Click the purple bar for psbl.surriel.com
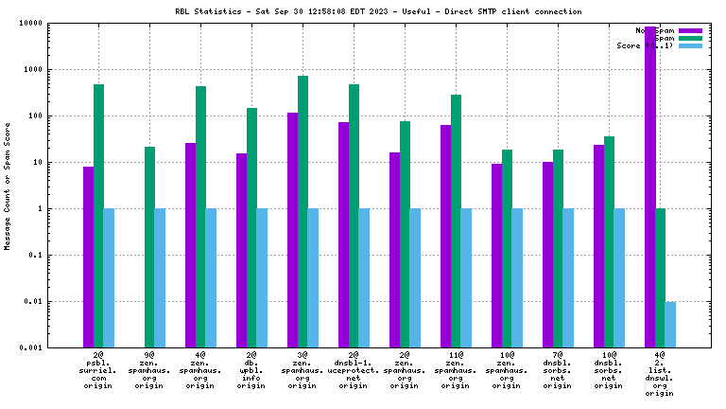88,257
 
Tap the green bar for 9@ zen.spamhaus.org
149,247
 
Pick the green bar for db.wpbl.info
251,227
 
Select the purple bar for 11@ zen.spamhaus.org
445,236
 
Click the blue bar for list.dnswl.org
670,324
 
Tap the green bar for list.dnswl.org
660,277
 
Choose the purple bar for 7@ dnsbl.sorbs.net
547,255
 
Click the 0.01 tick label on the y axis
32,302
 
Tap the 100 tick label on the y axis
34,116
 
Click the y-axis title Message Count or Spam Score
8,186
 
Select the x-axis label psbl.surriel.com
98,371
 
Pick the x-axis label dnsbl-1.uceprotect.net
354,371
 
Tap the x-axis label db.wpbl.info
251,371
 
